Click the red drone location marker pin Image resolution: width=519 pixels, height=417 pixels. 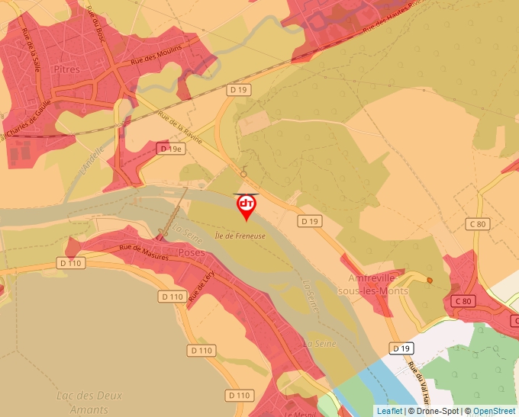247,206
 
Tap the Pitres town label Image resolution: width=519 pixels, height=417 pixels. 67,69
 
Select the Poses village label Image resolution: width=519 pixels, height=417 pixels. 192,252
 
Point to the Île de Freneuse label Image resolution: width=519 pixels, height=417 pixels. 240,236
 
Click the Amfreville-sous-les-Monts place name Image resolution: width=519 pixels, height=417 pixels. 378,284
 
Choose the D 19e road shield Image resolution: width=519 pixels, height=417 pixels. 171,149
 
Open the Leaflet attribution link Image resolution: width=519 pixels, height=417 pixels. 389,411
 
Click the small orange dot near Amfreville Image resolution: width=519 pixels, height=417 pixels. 430,281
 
